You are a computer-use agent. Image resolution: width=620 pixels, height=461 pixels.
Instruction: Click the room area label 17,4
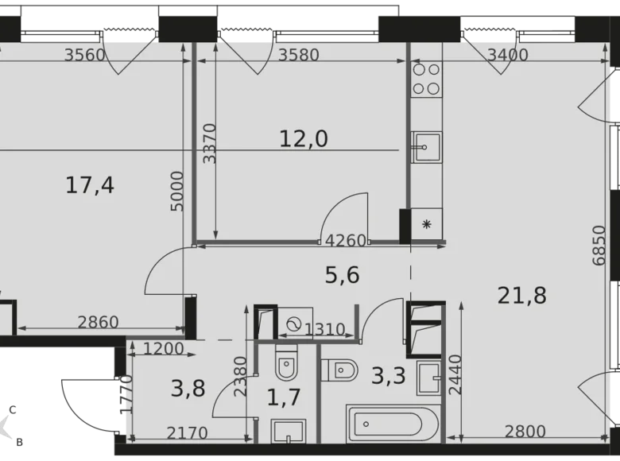click(90, 186)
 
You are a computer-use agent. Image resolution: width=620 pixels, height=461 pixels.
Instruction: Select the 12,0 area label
click(304, 139)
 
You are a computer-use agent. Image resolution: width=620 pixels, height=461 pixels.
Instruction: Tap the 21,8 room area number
click(521, 295)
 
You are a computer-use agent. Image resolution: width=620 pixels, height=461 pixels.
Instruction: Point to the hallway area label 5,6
click(343, 275)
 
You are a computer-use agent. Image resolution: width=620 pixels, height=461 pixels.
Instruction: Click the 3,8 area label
click(188, 389)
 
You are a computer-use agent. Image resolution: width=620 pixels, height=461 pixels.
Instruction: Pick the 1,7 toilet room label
click(283, 397)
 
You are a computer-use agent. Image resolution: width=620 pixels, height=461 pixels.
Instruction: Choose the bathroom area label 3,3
click(389, 374)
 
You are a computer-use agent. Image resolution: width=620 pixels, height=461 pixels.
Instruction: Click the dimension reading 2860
click(98, 322)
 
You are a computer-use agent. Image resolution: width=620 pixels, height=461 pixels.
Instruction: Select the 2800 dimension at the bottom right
click(525, 432)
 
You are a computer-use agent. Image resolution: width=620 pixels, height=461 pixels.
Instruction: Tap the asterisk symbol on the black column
click(427, 224)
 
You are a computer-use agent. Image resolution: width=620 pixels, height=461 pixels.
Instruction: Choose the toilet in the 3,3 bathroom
click(339, 370)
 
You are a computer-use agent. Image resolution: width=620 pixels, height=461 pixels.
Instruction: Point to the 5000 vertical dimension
click(177, 191)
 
